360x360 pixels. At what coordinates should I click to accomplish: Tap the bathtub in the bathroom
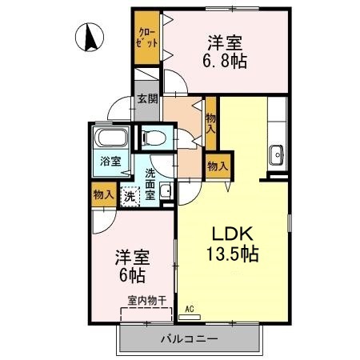pyautogui.click(x=110, y=139)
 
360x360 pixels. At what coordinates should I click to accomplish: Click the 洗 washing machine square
pyautogui.click(x=129, y=194)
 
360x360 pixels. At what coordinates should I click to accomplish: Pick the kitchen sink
pyautogui.click(x=278, y=152)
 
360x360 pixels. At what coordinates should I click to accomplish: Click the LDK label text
pyautogui.click(x=232, y=234)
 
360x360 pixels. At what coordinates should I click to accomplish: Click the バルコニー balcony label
pyautogui.click(x=190, y=338)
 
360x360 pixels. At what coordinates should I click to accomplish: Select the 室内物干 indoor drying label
pyautogui.click(x=147, y=301)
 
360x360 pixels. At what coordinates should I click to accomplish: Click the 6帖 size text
pyautogui.click(x=132, y=277)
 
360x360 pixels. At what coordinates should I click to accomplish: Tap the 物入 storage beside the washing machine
pyautogui.click(x=102, y=194)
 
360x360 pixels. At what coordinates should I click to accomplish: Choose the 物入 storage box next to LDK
pyautogui.click(x=218, y=166)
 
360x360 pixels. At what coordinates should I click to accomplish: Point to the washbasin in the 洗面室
pyautogui.click(x=165, y=190)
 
